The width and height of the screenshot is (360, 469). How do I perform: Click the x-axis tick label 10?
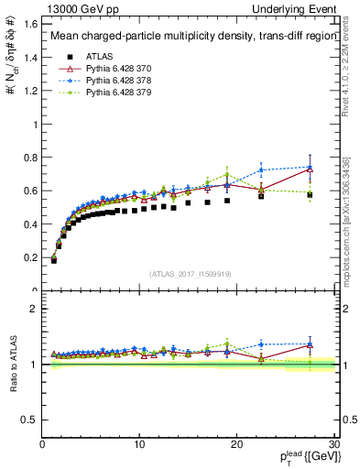139,444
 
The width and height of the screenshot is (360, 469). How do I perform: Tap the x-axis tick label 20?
236,444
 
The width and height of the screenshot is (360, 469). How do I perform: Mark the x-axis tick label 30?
333,444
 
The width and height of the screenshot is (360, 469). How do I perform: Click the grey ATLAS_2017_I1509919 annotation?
190,273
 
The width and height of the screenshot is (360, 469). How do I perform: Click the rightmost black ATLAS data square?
310,194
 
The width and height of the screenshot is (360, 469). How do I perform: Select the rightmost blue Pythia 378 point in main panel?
310,167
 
